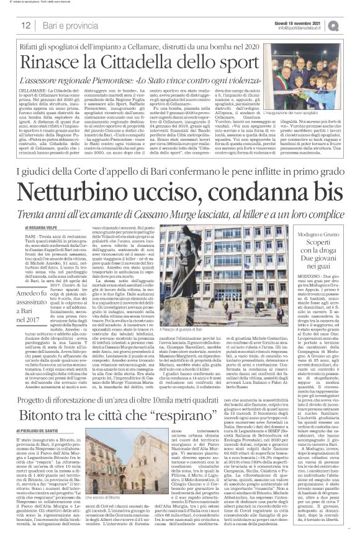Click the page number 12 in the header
pyautogui.click(x=26, y=25)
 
